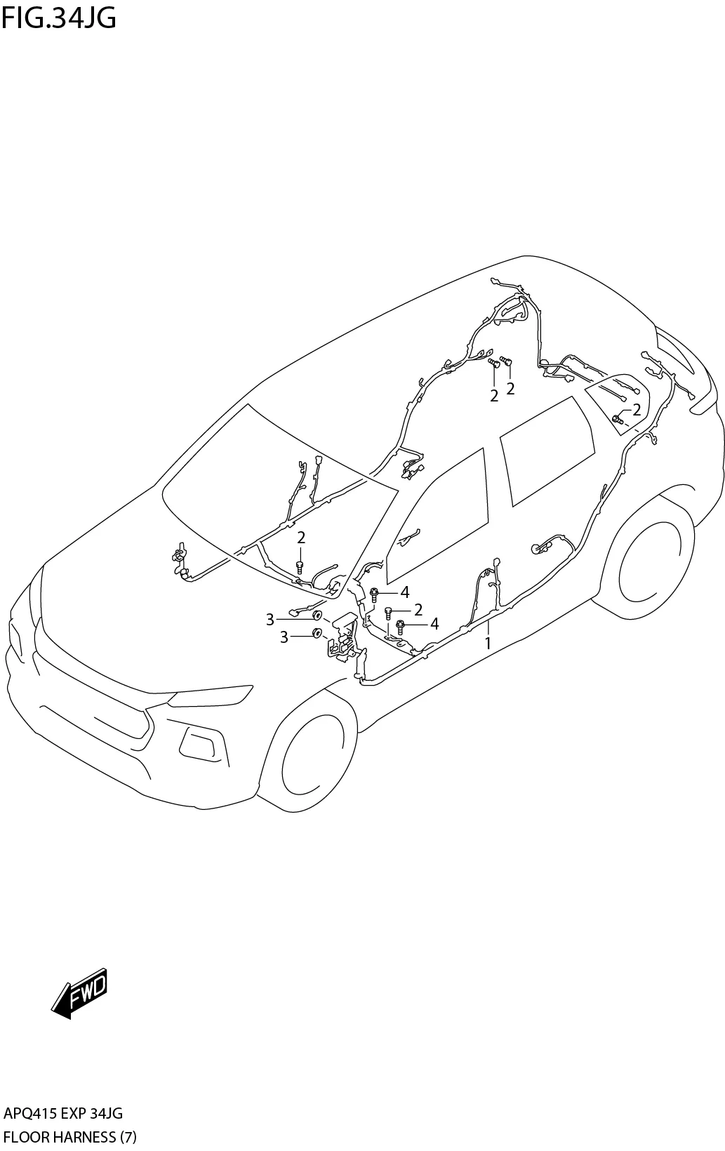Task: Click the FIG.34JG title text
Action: coord(59,18)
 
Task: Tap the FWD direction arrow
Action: coord(79,993)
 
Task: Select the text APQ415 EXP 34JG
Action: coord(63,1113)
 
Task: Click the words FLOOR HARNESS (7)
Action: coord(69,1137)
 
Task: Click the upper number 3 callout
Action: coord(270,619)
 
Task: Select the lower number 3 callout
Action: coord(284,637)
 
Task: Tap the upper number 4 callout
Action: coord(405,592)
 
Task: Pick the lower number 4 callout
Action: coord(434,623)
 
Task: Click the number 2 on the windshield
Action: coord(301,538)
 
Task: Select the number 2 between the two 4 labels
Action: coord(418,608)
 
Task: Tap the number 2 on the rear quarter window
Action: coord(637,410)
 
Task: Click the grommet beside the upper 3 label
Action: coord(317,616)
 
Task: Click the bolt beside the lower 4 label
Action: coord(401,624)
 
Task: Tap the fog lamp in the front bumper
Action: coord(199,742)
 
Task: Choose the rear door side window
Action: coord(547,448)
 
